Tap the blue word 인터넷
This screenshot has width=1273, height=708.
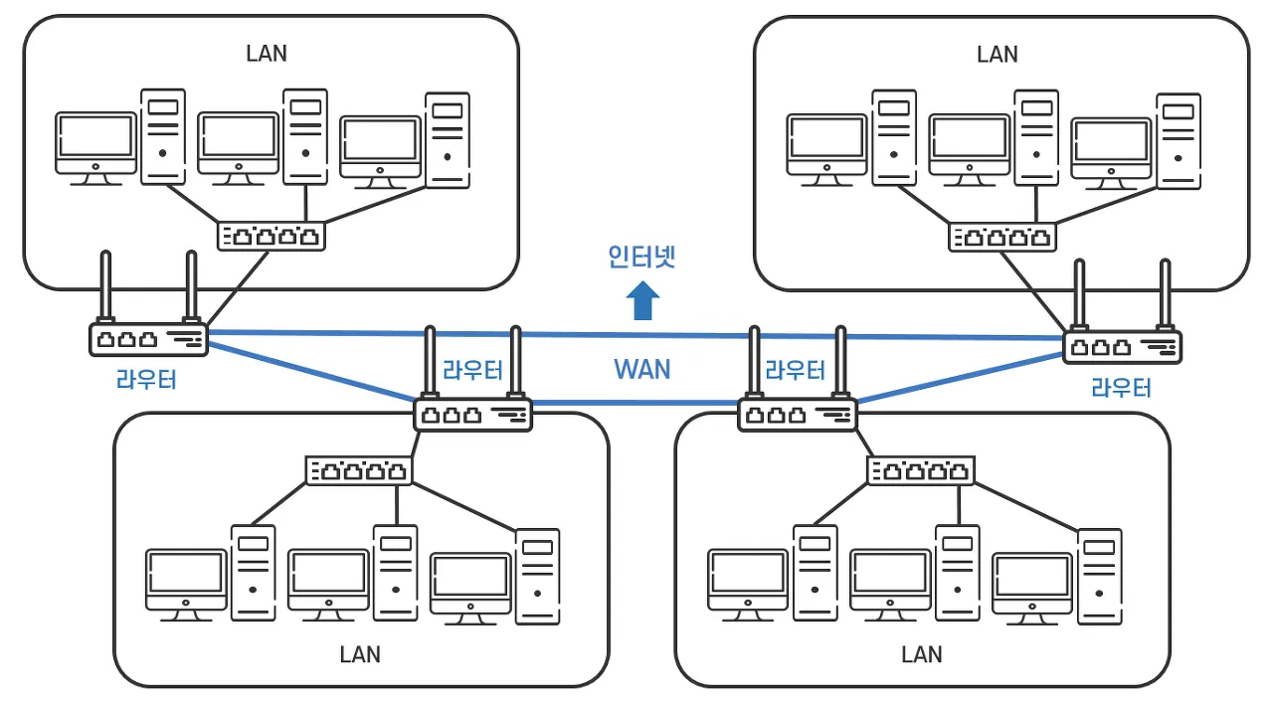coord(641,258)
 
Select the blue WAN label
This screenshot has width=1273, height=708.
coord(641,370)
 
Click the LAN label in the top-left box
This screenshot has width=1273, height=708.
coord(267,53)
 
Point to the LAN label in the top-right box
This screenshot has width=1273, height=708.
coord(998,53)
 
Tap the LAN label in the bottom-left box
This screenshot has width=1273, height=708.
coord(360,654)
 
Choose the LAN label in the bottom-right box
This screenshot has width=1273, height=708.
coord(921,654)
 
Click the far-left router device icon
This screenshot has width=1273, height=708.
coord(148,339)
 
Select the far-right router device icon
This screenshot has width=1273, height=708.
coord(1122,346)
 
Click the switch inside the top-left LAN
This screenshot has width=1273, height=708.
coord(272,236)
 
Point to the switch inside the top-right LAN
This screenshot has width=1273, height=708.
coord(1002,237)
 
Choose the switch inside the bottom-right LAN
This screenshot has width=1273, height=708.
coord(920,470)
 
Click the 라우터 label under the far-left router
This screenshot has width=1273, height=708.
coord(146,380)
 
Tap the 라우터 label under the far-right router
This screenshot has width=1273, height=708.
coord(1121,387)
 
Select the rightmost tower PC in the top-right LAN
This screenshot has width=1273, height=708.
coord(1179,141)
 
